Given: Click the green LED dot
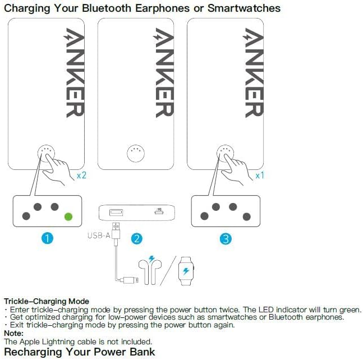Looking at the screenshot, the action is (68, 216).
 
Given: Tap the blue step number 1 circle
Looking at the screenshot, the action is (47, 238).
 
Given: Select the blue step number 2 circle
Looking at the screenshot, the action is (136, 238).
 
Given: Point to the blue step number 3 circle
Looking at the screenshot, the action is (226, 238).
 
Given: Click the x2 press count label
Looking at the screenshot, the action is (81, 175).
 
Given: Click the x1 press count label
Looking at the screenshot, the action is (260, 176).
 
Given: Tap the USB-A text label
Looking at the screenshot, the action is (99, 236).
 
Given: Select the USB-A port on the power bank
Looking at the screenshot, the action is (116, 212).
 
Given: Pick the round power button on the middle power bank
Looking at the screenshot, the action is (136, 154).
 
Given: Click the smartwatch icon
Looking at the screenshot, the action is (186, 271).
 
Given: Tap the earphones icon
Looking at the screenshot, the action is (150, 272).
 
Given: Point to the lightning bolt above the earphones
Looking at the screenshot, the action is (151, 259).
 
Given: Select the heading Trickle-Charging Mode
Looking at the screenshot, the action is (47, 301).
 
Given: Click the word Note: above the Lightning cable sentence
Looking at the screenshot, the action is (13, 333).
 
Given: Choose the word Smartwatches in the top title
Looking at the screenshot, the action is (244, 8).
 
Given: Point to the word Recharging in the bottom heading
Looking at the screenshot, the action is (33, 352).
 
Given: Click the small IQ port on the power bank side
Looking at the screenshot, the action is (159, 211).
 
